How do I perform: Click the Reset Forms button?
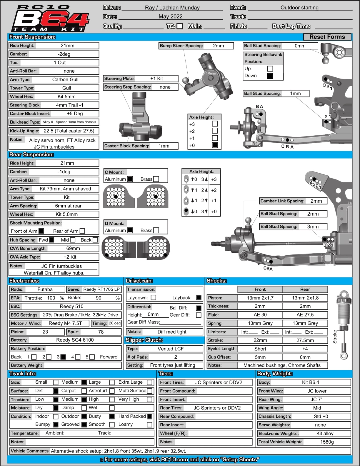tap(327, 37)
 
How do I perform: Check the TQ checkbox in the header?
tap(180, 26)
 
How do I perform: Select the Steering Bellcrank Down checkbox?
tap(270, 76)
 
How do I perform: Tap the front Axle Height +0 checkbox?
tap(215, 145)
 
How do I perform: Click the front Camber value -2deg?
tap(64, 54)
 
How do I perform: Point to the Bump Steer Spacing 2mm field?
tap(218, 46)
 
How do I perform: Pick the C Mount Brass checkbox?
tap(156, 179)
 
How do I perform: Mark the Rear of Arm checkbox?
tap(82, 231)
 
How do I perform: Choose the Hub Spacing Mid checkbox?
tap(73, 240)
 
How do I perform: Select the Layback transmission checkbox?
tap(199, 297)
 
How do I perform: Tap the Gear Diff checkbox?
tap(199, 315)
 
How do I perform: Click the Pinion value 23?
tap(45, 332)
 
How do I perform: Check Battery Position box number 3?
tap(63, 357)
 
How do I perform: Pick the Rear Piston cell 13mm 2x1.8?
tap(305, 298)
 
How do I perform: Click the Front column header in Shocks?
tap(260, 289)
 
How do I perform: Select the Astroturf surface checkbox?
tap(112, 391)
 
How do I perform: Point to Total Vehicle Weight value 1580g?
tap(327, 442)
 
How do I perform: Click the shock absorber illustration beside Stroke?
tap(343, 324)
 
